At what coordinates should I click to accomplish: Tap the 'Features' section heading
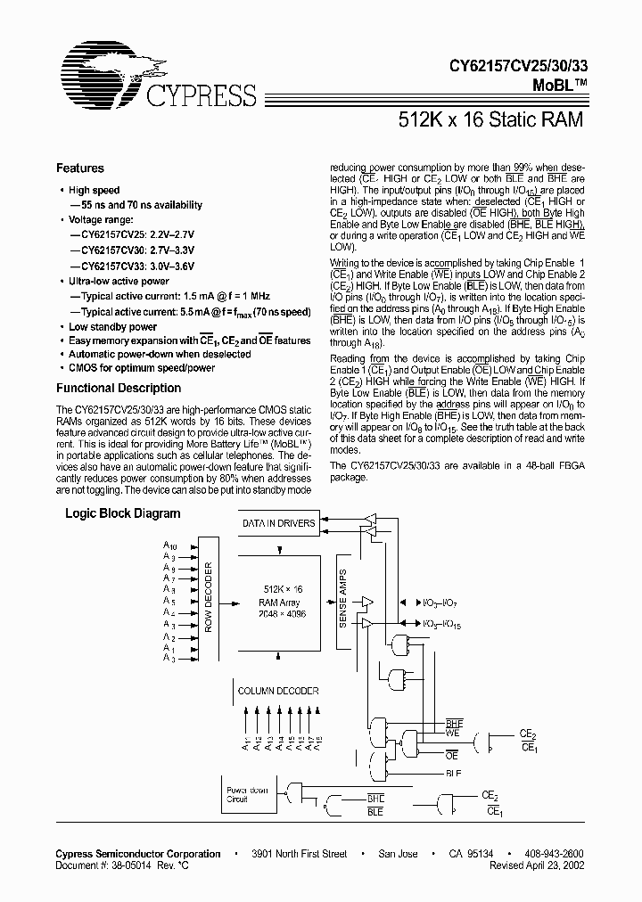pos(80,168)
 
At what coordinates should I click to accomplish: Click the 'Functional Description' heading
pos(119,388)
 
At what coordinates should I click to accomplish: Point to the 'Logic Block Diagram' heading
pos(122,513)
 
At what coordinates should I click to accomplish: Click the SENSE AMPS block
pos(342,597)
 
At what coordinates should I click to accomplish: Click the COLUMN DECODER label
pos(277,691)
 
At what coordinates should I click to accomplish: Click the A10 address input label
pos(170,544)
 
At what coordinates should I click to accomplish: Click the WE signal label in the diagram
pos(453,733)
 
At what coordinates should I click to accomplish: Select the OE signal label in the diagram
pos(453,751)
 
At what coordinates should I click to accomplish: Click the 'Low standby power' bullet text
pos(113,327)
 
